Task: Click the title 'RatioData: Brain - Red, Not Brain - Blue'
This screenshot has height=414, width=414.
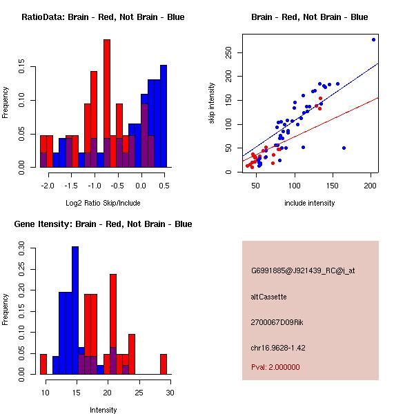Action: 102,17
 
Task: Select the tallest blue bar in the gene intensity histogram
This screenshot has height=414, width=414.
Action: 75,310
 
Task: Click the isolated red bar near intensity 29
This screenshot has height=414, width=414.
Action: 164,364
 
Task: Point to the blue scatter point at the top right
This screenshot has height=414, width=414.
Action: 373,40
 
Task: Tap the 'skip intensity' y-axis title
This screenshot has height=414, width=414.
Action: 213,103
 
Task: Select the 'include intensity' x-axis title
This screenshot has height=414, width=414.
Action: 310,203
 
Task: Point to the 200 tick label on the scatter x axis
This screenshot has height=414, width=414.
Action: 371,185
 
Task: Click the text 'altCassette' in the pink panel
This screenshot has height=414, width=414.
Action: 268,297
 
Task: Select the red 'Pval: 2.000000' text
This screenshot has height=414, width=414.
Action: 275,367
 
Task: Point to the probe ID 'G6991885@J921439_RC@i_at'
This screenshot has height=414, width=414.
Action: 302,271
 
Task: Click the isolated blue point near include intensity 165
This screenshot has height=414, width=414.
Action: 344,148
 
